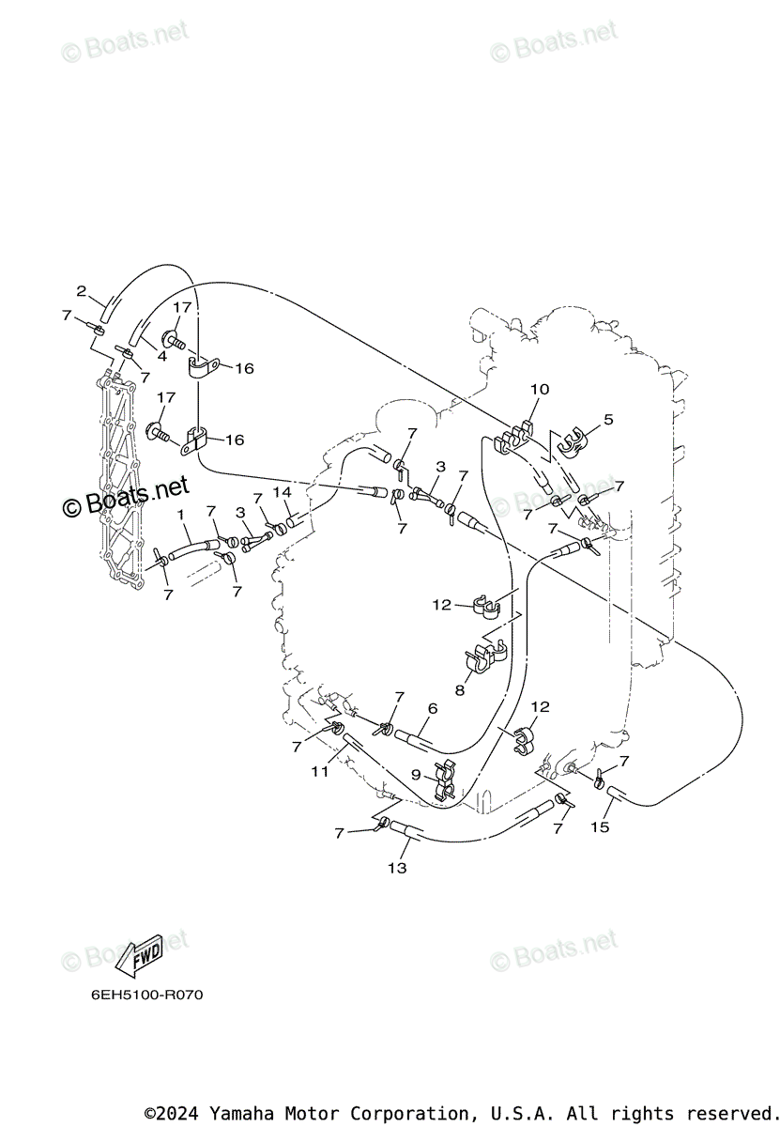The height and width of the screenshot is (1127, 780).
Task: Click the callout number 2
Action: [x=82, y=291]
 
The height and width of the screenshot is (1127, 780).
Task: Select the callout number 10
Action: [x=539, y=389]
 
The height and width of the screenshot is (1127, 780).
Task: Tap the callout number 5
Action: [x=608, y=420]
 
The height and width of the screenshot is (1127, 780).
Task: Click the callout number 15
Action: [x=600, y=826]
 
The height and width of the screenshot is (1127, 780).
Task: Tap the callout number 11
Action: [x=320, y=771]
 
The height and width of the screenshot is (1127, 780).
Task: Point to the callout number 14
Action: [x=283, y=492]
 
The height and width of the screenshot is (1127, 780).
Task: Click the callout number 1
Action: [x=181, y=515]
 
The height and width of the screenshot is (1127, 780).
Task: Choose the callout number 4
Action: [x=162, y=357]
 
